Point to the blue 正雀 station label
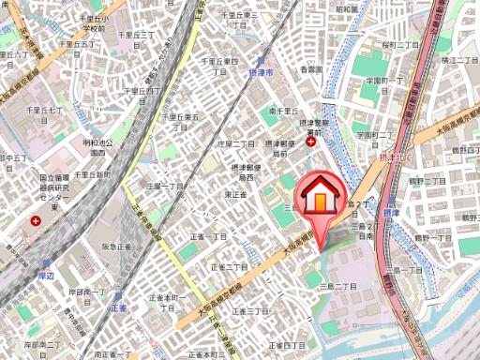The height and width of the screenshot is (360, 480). point(118,307)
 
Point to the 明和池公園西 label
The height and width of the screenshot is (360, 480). point(97,148)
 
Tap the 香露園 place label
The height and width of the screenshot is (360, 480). point(311,69)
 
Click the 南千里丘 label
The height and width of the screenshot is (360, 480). point(282,111)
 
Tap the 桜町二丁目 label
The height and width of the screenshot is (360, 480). point(373,44)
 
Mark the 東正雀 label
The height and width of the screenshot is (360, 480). point(235,194)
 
